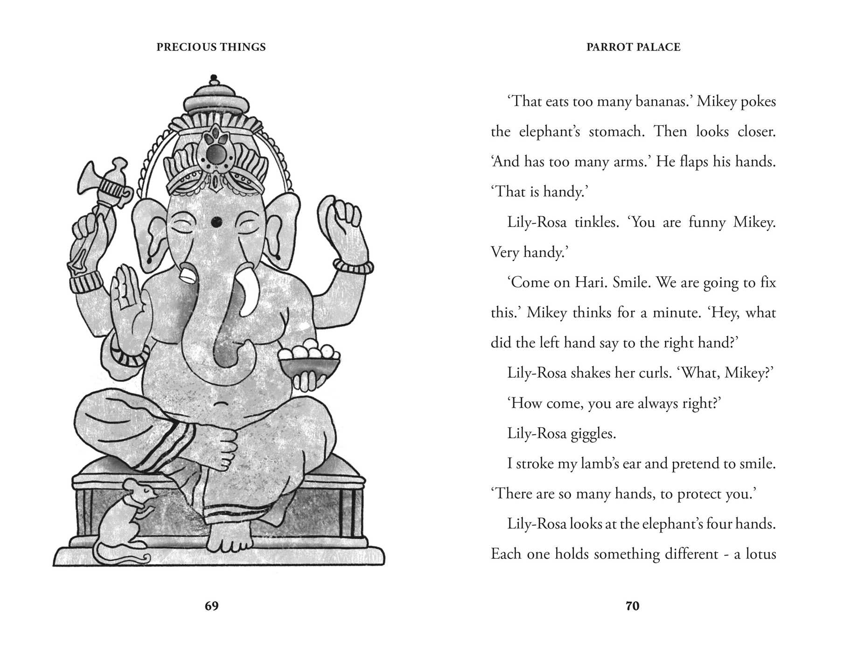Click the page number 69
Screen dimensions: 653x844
point(211,606)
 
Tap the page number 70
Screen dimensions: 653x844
point(632,606)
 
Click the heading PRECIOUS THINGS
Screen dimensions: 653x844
point(211,47)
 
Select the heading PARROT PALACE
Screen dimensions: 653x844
point(633,47)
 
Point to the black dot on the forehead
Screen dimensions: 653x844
point(216,222)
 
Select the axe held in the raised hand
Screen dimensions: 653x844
point(103,187)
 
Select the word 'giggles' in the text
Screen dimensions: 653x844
point(593,433)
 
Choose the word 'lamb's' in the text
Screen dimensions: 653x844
point(610,464)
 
